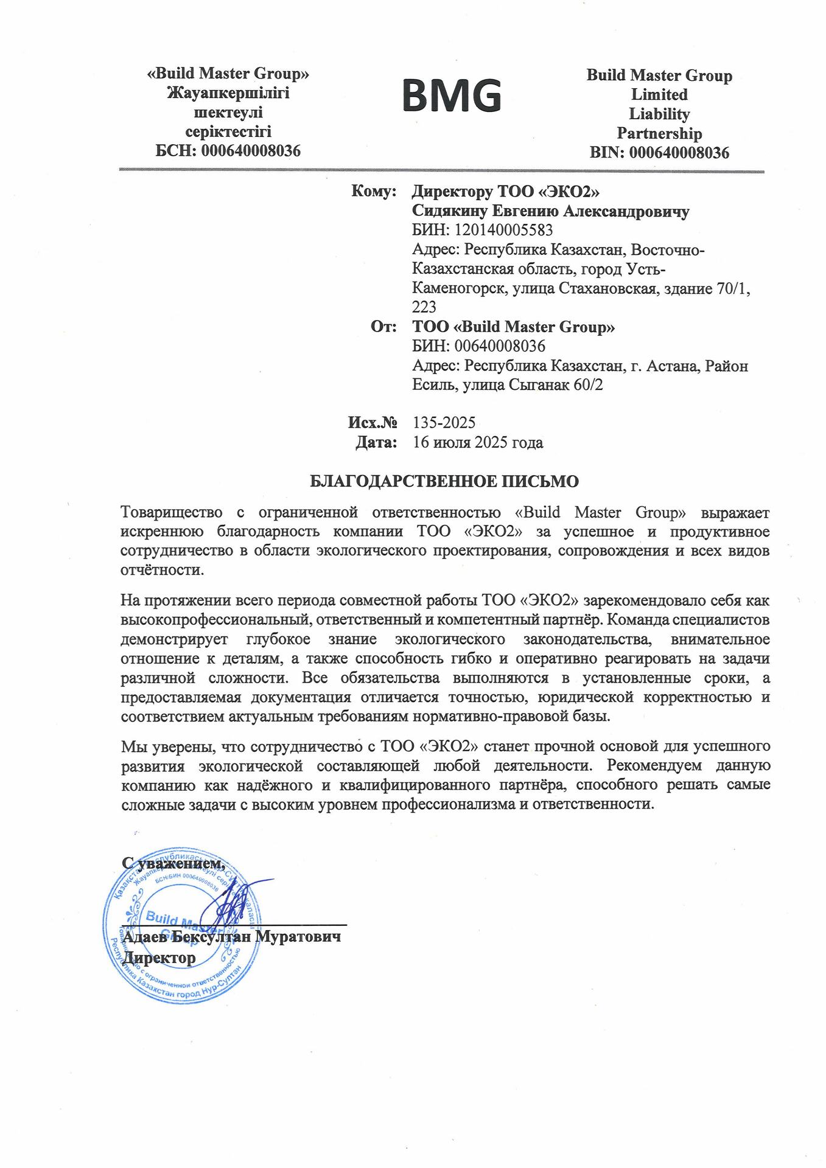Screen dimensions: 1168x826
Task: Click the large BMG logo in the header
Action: tap(452, 96)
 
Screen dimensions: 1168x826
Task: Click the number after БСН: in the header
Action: tap(251, 151)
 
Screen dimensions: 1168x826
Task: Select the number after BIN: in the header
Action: tap(679, 153)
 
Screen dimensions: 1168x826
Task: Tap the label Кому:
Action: tap(374, 192)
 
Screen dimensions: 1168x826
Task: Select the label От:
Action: tap(384, 327)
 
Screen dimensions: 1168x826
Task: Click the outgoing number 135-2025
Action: tap(444, 422)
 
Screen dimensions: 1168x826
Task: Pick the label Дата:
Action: tap(376, 442)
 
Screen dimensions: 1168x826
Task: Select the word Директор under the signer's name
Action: tap(159, 958)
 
